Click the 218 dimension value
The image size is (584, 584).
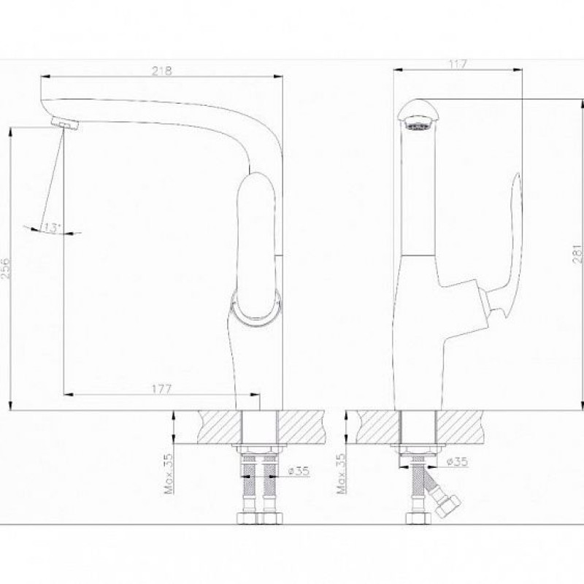pos(162,71)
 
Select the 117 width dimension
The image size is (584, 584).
pos(458,64)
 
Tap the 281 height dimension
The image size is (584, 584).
pos(577,254)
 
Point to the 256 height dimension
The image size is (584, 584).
pos(6,268)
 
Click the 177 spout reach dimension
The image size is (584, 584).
pos(161,389)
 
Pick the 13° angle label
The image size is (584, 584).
pos(52,227)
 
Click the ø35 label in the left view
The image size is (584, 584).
pos(299,471)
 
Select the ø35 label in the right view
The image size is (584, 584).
pos(458,462)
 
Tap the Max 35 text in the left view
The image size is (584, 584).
pos(169,473)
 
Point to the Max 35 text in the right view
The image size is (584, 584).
pos(341,473)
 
